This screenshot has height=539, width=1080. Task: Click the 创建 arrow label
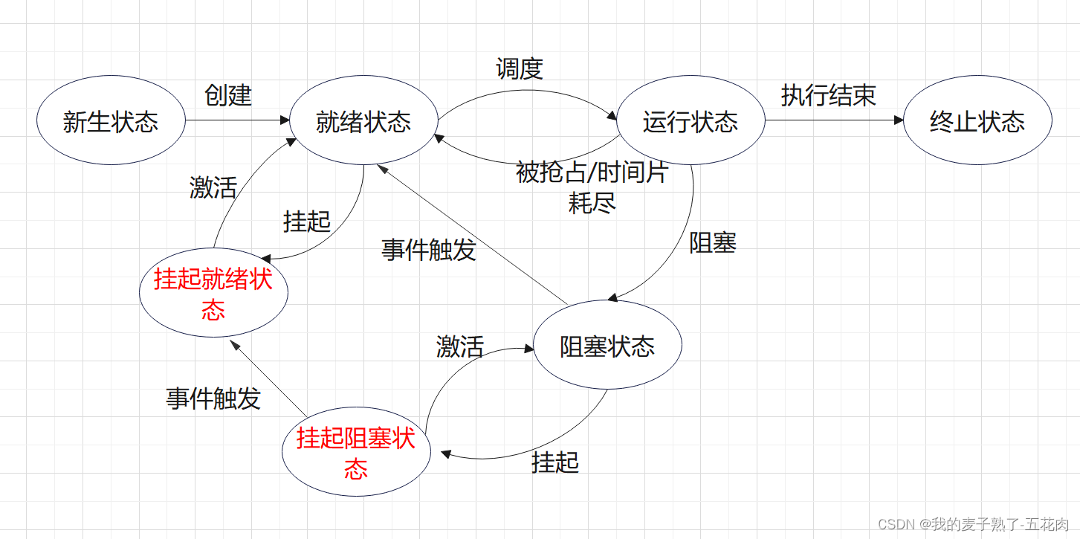click(x=228, y=95)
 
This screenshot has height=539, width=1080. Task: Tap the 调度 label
click(x=520, y=69)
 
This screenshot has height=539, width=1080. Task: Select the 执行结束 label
click(x=828, y=95)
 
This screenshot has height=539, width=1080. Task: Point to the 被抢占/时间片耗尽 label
click(x=592, y=187)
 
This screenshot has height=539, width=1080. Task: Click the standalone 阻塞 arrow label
click(x=712, y=243)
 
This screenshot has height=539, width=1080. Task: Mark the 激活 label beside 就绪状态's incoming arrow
click(x=213, y=187)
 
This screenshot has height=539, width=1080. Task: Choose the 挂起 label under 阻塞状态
click(x=555, y=462)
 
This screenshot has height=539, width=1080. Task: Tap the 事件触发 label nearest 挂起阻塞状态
click(x=213, y=399)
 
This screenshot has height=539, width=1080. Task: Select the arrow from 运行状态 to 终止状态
click(x=832, y=120)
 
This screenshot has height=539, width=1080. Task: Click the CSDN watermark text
click(x=973, y=525)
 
